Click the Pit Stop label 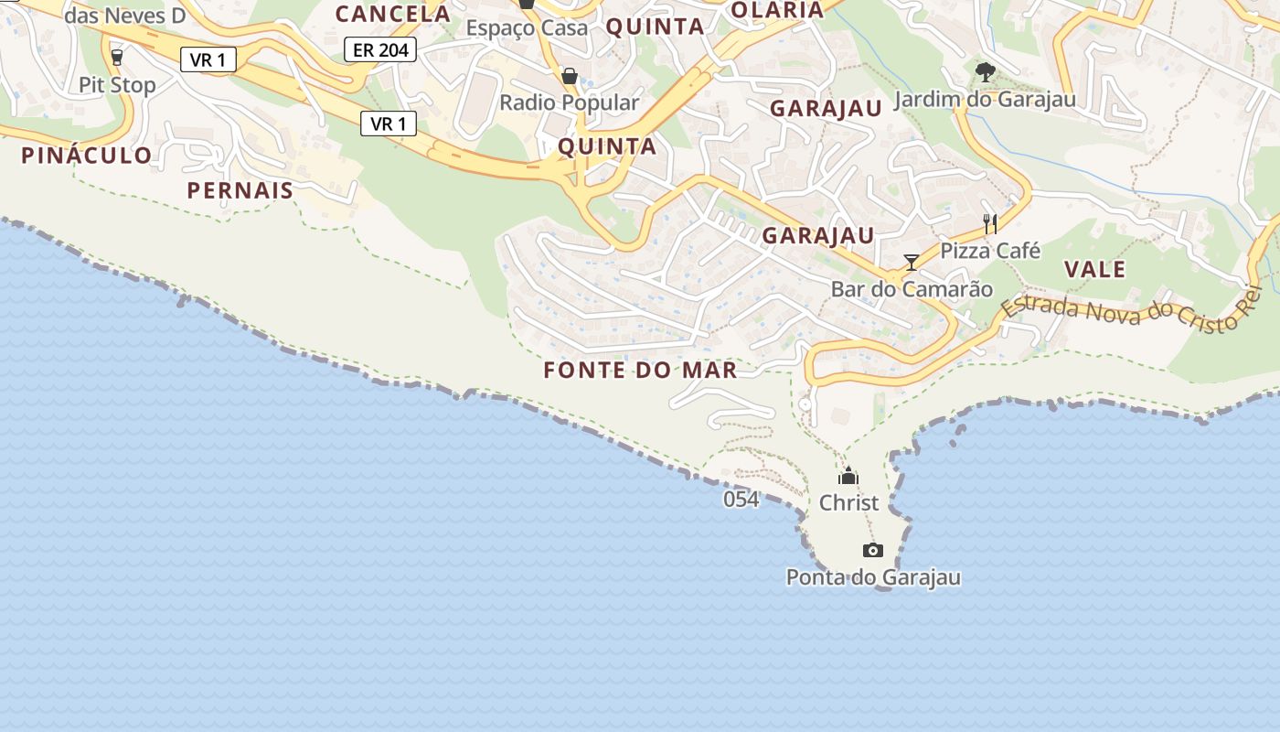pos(117,85)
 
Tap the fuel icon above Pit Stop pos(116,58)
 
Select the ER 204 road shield pos(380,49)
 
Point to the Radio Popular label pos(569,102)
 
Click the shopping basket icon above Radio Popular pos(570,75)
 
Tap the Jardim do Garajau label pos(985,99)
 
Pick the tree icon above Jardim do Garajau pos(985,71)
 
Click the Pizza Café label pos(990,250)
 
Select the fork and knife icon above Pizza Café pos(989,223)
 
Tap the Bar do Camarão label pos(912,289)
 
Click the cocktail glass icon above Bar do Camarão pos(911,263)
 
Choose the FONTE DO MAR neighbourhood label pos(640,370)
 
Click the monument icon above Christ pos(848,476)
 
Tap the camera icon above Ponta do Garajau pos(873,550)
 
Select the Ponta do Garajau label pos(873,577)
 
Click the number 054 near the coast pos(741,500)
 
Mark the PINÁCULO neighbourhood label pos(87,155)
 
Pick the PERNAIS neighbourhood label pos(240,190)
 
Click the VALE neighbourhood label pos(1094,269)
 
